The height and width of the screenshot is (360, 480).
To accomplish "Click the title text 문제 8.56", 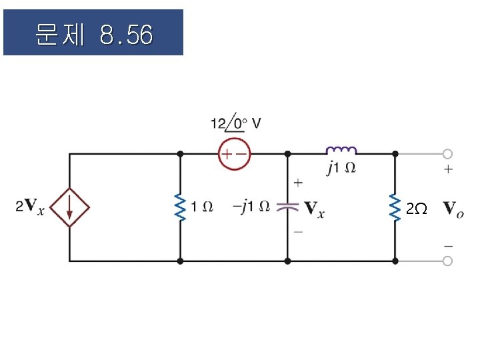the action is tap(93, 33).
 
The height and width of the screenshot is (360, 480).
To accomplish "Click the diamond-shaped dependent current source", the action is tap(69, 207).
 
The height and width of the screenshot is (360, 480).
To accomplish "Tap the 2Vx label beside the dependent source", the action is tap(30, 207).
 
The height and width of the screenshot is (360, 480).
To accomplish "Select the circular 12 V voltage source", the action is tap(234, 153).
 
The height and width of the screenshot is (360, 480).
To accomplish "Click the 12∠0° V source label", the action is tap(235, 123).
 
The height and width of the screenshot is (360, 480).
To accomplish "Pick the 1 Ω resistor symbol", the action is tap(180, 207).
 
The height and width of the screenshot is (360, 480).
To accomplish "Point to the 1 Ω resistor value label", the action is tap(202, 207).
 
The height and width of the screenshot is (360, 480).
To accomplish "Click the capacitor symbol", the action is tap(287, 207).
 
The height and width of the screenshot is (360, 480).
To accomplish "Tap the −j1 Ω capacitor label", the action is tap(253, 207).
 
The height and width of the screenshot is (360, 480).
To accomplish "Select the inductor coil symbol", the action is tap(341, 150).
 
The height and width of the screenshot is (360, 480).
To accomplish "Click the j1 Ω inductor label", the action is tap(341, 168).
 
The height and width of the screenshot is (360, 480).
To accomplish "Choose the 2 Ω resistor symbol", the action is tap(395, 208).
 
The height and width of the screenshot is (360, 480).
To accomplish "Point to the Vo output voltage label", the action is tap(453, 209).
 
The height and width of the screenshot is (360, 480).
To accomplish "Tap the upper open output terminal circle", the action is tap(448, 153).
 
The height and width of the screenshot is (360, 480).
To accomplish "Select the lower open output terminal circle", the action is tap(448, 261).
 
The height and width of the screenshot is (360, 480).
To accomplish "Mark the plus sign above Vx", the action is tap(297, 181).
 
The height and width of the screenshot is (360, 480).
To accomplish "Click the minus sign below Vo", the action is tap(448, 245).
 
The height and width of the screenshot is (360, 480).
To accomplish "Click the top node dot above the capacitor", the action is tap(287, 153).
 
